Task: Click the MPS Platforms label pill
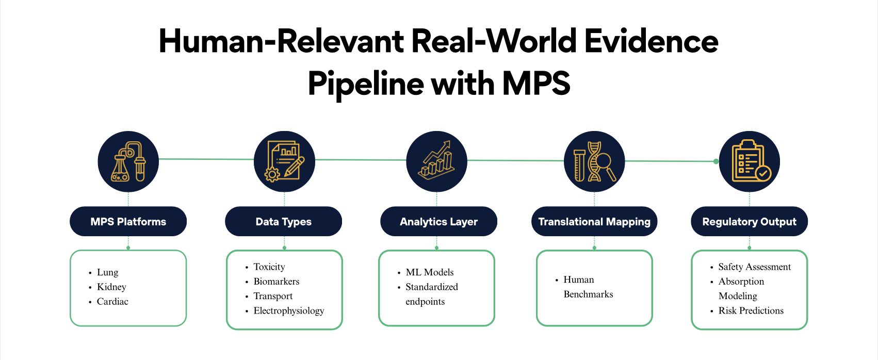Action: click(128, 222)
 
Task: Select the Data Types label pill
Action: click(283, 222)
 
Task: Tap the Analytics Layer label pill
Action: click(438, 222)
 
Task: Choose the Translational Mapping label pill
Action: click(594, 222)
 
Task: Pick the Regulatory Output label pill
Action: click(749, 222)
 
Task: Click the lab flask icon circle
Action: click(128, 161)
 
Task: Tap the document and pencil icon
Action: click(284, 161)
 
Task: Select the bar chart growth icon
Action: click(436, 161)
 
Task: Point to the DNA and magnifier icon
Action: click(594, 161)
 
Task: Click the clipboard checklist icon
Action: click(749, 161)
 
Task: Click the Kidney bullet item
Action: click(111, 287)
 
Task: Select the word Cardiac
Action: click(112, 302)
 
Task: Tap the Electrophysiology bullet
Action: click(288, 311)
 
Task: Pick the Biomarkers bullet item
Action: click(276, 282)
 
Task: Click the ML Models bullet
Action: click(429, 272)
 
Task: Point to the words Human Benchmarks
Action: click(588, 287)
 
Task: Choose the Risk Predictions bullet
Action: click(751, 311)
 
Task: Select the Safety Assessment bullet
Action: click(754, 267)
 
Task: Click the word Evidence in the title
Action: click(651, 41)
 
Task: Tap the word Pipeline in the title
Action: click(365, 84)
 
